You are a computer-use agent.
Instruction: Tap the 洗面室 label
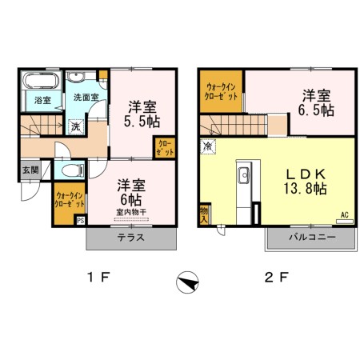pos(86,97)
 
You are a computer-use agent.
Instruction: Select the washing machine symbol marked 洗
pos(74,126)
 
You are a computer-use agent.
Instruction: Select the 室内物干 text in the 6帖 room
pos(130,212)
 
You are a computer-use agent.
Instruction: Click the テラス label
pos(130,238)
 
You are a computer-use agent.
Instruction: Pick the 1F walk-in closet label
pos(69,199)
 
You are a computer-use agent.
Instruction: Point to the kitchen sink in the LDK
pos(245,175)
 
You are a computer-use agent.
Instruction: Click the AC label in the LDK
pos(344,214)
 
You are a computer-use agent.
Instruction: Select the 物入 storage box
pos(204,214)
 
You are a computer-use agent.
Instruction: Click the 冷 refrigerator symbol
pos(208,146)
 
